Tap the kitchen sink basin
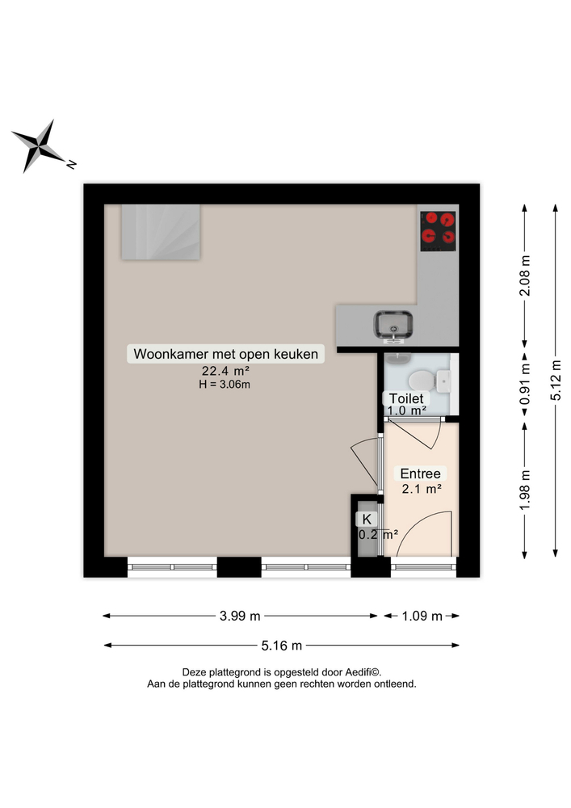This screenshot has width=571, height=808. [394, 325]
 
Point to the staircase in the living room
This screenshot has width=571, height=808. [162, 232]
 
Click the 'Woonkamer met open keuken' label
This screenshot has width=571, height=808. [227, 354]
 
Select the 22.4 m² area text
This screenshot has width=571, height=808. [225, 371]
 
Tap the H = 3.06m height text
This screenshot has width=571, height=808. [225, 385]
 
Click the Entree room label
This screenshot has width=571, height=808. [421, 473]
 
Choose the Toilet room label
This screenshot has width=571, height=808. [406, 398]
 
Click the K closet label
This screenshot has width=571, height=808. [367, 519]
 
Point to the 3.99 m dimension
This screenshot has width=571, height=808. [241, 617]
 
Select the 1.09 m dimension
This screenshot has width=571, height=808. [422, 617]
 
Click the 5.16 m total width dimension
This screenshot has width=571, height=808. [283, 646]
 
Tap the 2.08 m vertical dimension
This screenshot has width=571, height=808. [525, 276]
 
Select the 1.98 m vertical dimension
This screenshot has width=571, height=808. [525, 490]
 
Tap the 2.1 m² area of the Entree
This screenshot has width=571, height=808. [421, 489]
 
